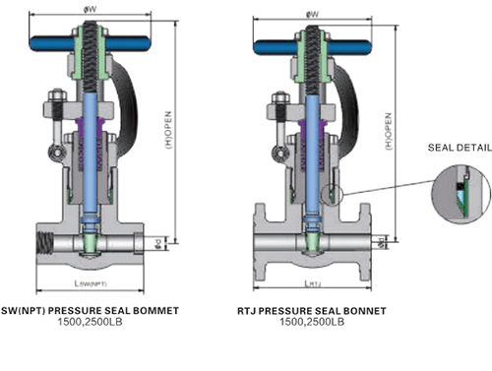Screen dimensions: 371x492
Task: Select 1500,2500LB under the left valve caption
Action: point(92,322)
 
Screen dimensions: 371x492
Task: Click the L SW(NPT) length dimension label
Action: point(93,284)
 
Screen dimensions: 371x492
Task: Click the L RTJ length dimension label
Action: point(313,284)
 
